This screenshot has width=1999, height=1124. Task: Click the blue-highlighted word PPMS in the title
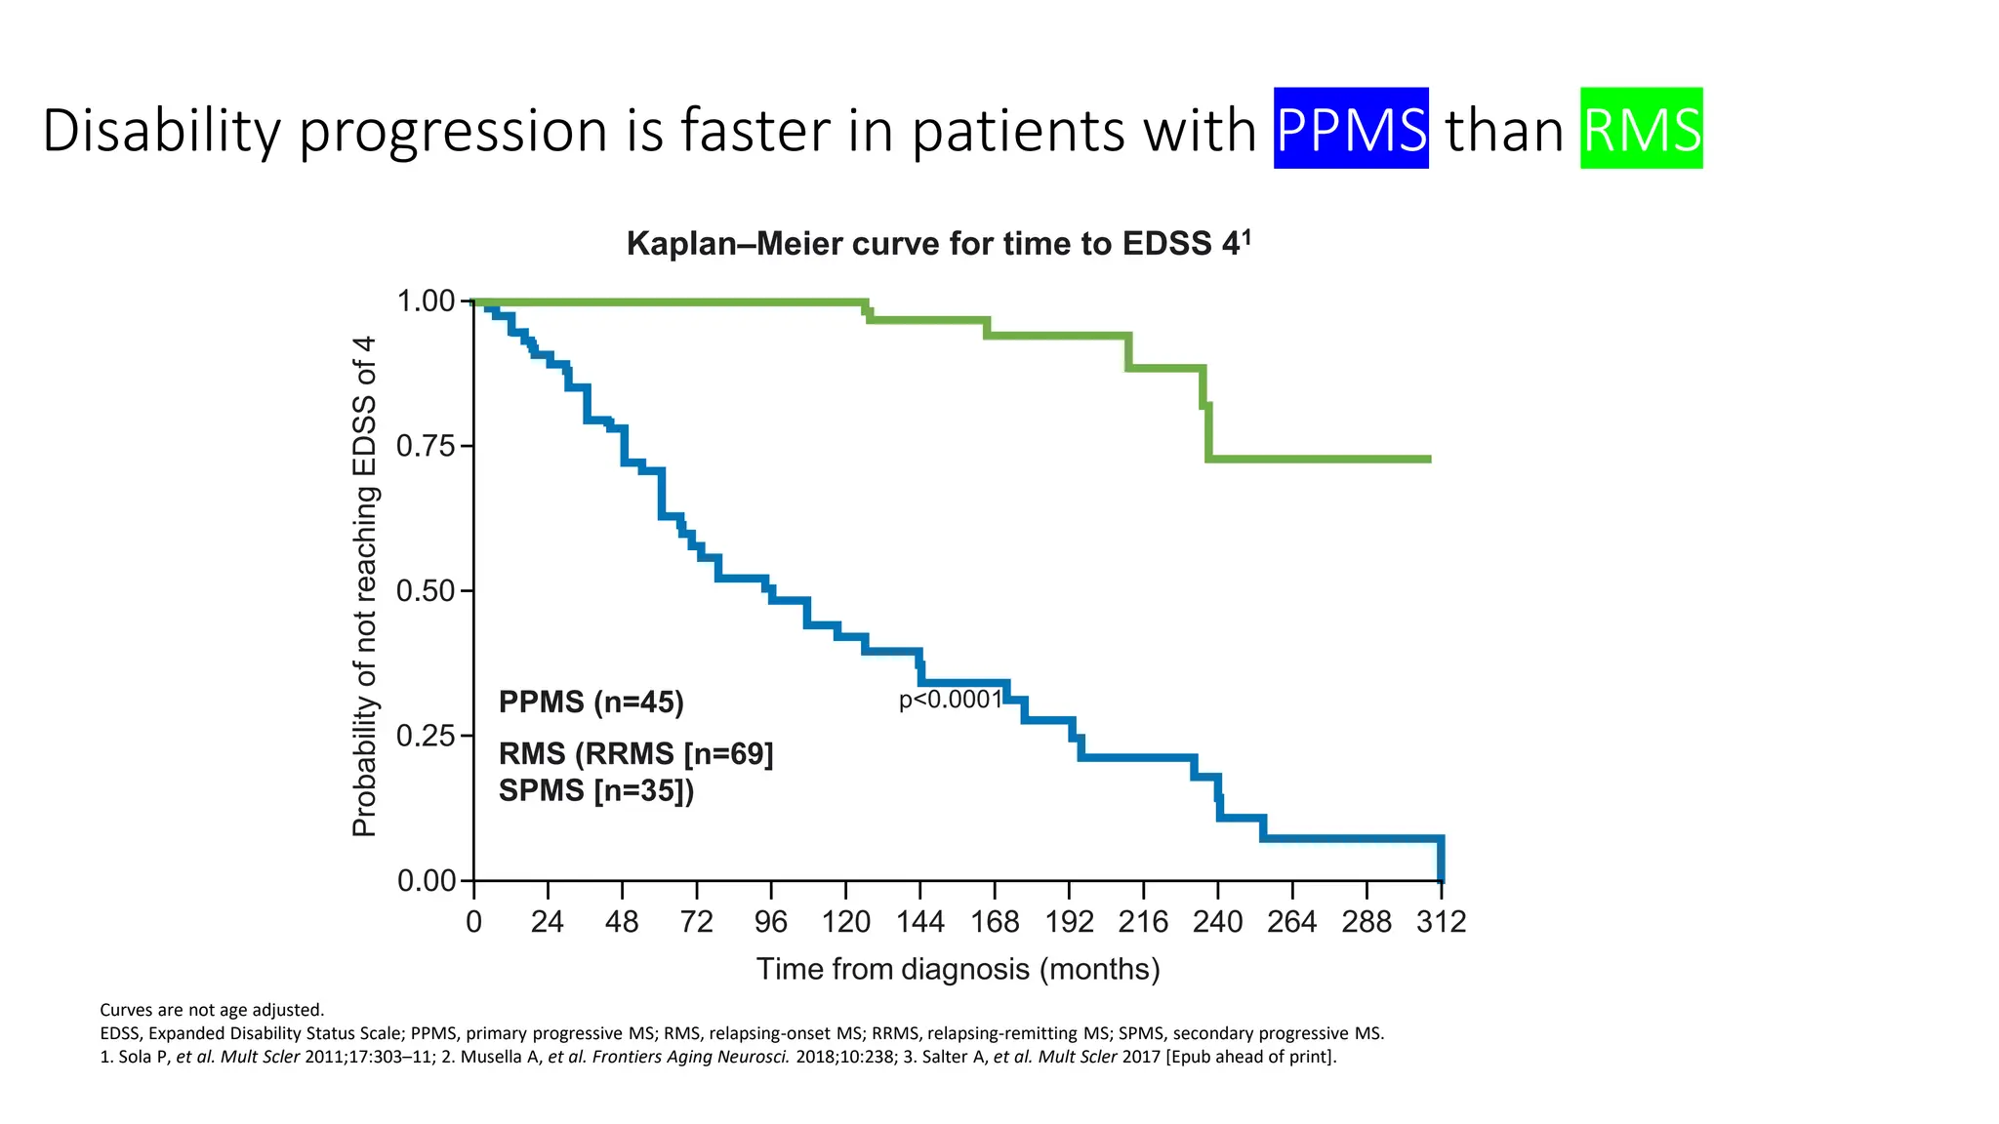click(1351, 129)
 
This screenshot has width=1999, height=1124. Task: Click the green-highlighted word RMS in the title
click(1641, 129)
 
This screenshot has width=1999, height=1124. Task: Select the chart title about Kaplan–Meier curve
click(938, 243)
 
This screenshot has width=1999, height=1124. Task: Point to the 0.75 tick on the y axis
click(427, 447)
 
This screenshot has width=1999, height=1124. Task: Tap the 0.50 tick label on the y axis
click(427, 591)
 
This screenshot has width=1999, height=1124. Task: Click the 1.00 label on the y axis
click(427, 301)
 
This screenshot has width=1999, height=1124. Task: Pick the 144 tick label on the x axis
click(919, 922)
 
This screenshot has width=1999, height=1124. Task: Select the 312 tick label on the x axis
click(1441, 922)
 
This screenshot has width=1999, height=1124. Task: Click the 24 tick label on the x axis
click(548, 922)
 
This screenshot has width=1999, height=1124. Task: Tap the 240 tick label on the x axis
click(1217, 922)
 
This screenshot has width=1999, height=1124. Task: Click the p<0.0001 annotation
click(950, 700)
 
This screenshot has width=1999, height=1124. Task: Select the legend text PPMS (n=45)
click(591, 702)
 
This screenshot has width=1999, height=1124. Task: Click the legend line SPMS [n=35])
click(596, 790)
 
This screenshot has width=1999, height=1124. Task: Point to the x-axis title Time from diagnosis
click(958, 969)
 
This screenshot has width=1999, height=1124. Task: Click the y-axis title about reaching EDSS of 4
click(364, 586)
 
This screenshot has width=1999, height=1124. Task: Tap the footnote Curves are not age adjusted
click(212, 1010)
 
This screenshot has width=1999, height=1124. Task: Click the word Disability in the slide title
click(161, 130)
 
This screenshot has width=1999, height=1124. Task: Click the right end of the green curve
click(1427, 459)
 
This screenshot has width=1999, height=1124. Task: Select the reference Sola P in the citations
click(137, 1057)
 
